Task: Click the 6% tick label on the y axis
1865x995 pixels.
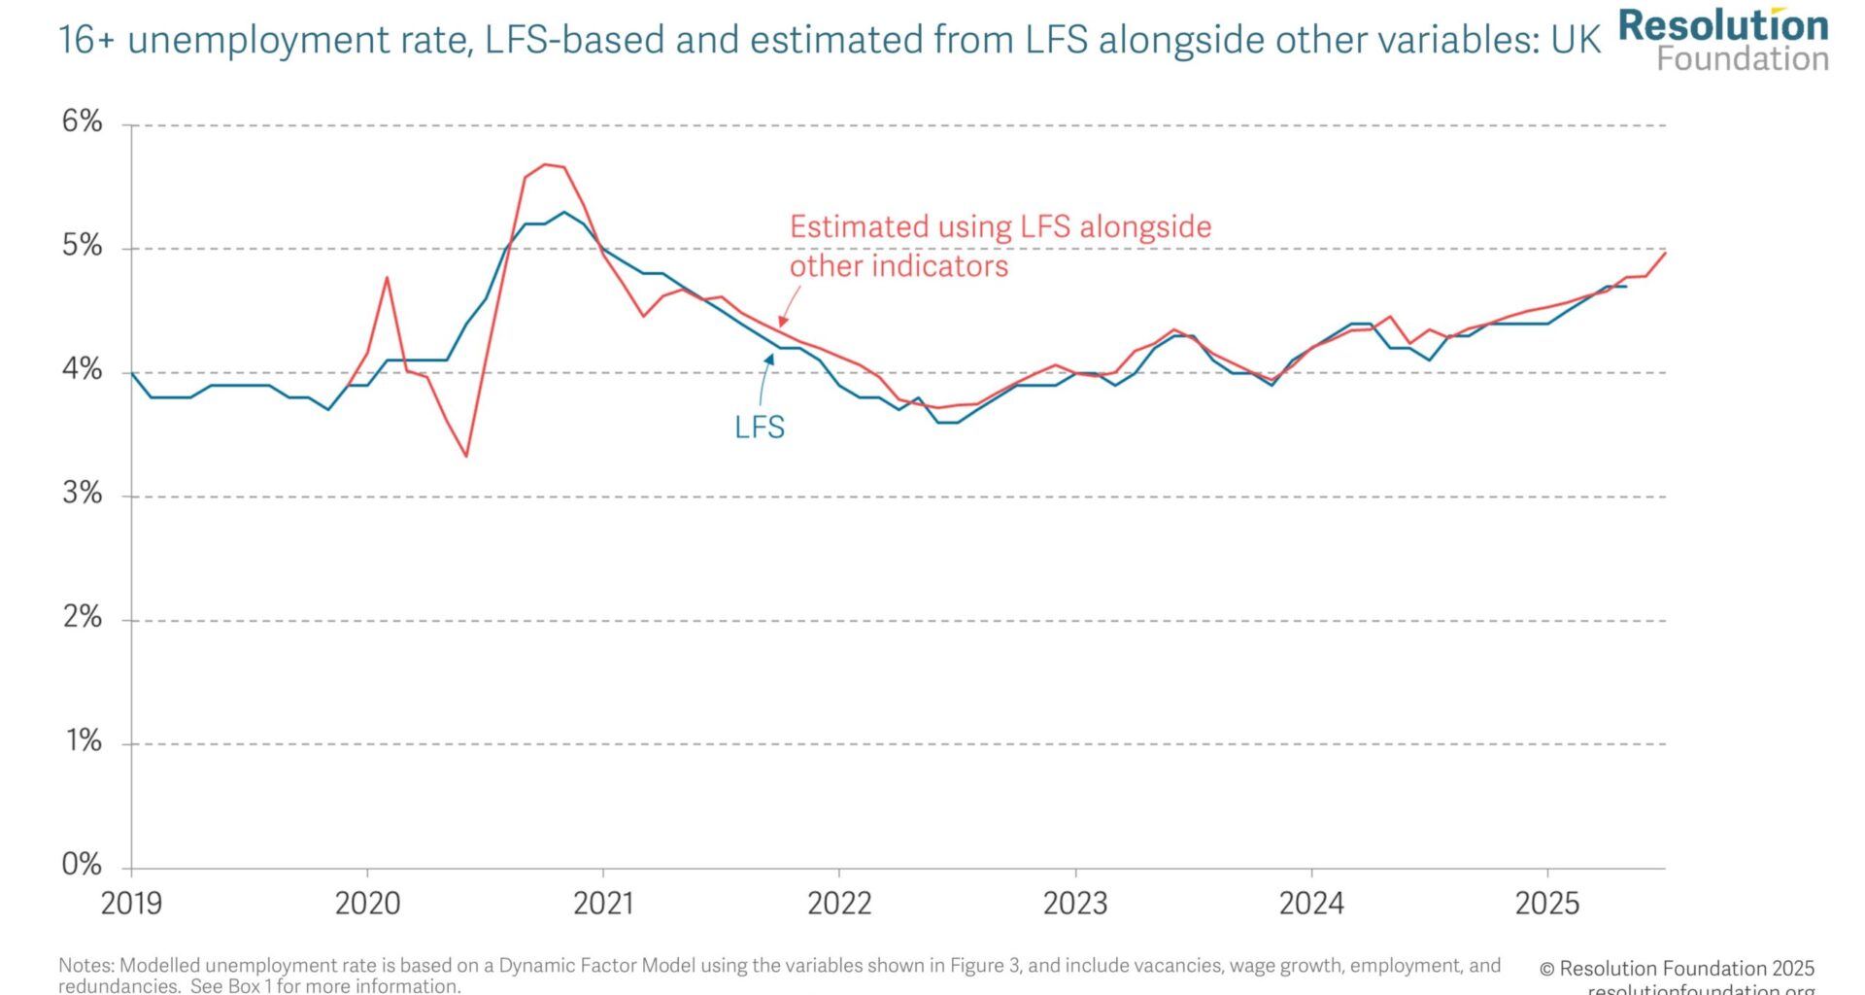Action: (x=82, y=121)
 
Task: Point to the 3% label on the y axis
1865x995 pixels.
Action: (x=82, y=494)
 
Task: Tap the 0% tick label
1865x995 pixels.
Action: (x=82, y=865)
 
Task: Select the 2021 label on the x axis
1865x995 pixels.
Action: (x=603, y=904)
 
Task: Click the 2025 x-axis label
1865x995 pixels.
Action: (x=1547, y=904)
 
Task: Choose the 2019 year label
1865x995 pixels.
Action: (x=132, y=904)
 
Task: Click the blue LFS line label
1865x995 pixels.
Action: (x=760, y=428)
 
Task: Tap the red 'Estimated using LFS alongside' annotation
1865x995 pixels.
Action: (x=1000, y=227)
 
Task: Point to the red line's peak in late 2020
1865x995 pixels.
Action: (x=545, y=164)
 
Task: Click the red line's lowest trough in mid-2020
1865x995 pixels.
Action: (x=466, y=456)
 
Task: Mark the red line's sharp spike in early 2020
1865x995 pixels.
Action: (x=387, y=278)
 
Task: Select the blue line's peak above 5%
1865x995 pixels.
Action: (x=564, y=212)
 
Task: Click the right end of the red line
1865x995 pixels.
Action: (x=1666, y=253)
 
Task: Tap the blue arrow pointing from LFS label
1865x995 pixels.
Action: (x=765, y=379)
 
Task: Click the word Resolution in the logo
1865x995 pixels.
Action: (x=1723, y=25)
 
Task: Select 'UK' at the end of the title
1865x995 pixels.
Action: (x=1576, y=41)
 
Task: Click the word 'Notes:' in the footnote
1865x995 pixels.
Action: (x=86, y=966)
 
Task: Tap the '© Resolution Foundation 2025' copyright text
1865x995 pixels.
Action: (x=1677, y=969)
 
